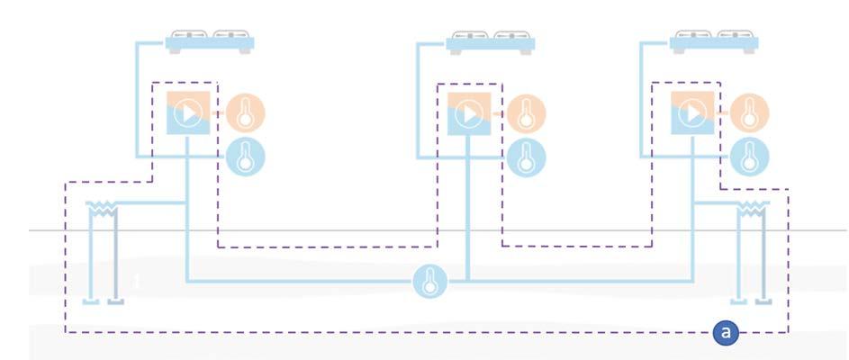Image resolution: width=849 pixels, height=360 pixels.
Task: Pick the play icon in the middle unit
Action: coord(468,113)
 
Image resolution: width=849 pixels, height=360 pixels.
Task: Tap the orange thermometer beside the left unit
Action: coord(245,112)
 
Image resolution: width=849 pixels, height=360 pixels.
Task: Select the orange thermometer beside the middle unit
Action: coord(526,112)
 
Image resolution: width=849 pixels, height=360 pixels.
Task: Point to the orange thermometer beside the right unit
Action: coord(749,112)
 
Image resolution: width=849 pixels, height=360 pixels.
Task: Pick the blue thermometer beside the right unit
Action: coord(749,157)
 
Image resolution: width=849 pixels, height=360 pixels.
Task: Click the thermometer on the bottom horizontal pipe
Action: coord(430,282)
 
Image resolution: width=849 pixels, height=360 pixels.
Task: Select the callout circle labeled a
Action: coord(727,333)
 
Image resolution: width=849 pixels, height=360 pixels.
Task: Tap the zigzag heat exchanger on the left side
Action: coord(105,210)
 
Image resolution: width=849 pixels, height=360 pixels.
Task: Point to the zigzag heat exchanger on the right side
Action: coord(750,210)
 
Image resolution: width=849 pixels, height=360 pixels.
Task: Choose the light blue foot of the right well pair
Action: coord(737,301)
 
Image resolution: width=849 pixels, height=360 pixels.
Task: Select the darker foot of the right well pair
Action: coord(762,301)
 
